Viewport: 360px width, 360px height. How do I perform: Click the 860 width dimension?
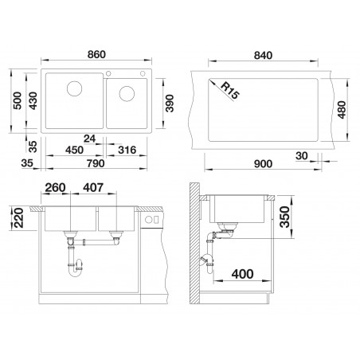pyautogui.click(x=96, y=54)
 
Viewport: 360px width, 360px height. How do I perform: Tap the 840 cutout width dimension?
pyautogui.click(x=263, y=55)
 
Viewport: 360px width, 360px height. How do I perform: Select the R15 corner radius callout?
pyautogui.click(x=230, y=91)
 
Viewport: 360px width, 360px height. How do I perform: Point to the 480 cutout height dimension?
pyautogui.click(x=342, y=110)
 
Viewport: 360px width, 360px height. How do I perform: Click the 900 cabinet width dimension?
pyautogui.click(x=263, y=164)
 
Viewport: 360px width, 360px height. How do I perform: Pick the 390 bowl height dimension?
pyautogui.click(x=170, y=104)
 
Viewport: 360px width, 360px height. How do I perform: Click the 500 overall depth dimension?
pyautogui.click(x=18, y=100)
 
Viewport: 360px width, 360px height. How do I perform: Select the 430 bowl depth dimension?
pyautogui.click(x=33, y=100)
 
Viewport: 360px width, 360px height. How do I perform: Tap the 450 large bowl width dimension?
pyautogui.click(x=75, y=150)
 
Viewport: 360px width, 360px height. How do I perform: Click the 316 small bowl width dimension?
pyautogui.click(x=127, y=150)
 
